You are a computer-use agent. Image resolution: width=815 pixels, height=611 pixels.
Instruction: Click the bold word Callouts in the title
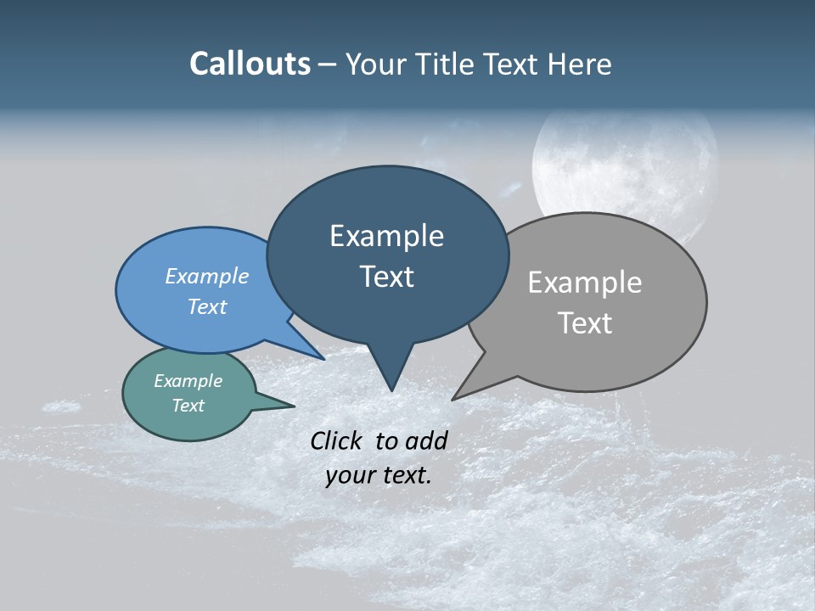point(250,64)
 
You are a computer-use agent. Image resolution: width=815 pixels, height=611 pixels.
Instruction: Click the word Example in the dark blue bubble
point(386,236)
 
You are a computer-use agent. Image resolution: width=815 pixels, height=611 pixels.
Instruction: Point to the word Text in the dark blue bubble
point(386,277)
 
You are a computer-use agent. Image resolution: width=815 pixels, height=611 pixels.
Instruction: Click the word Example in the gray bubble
point(584,283)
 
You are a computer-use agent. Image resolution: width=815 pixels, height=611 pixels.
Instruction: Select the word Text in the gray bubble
point(584,323)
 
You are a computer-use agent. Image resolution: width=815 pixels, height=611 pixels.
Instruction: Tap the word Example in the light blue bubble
point(206,276)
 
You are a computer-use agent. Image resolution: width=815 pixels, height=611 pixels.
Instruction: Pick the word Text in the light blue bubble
point(206,306)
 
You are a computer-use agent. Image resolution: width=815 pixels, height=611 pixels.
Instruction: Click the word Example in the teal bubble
point(188,381)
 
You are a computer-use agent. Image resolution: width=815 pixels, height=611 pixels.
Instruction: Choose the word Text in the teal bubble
point(188,406)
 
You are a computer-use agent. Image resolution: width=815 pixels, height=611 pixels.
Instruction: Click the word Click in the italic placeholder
point(339,440)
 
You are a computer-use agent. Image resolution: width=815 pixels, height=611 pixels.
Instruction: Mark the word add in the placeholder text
point(426,440)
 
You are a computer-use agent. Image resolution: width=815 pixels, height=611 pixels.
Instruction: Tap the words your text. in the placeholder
point(378,475)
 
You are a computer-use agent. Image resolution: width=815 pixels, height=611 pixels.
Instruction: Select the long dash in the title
point(328,64)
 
